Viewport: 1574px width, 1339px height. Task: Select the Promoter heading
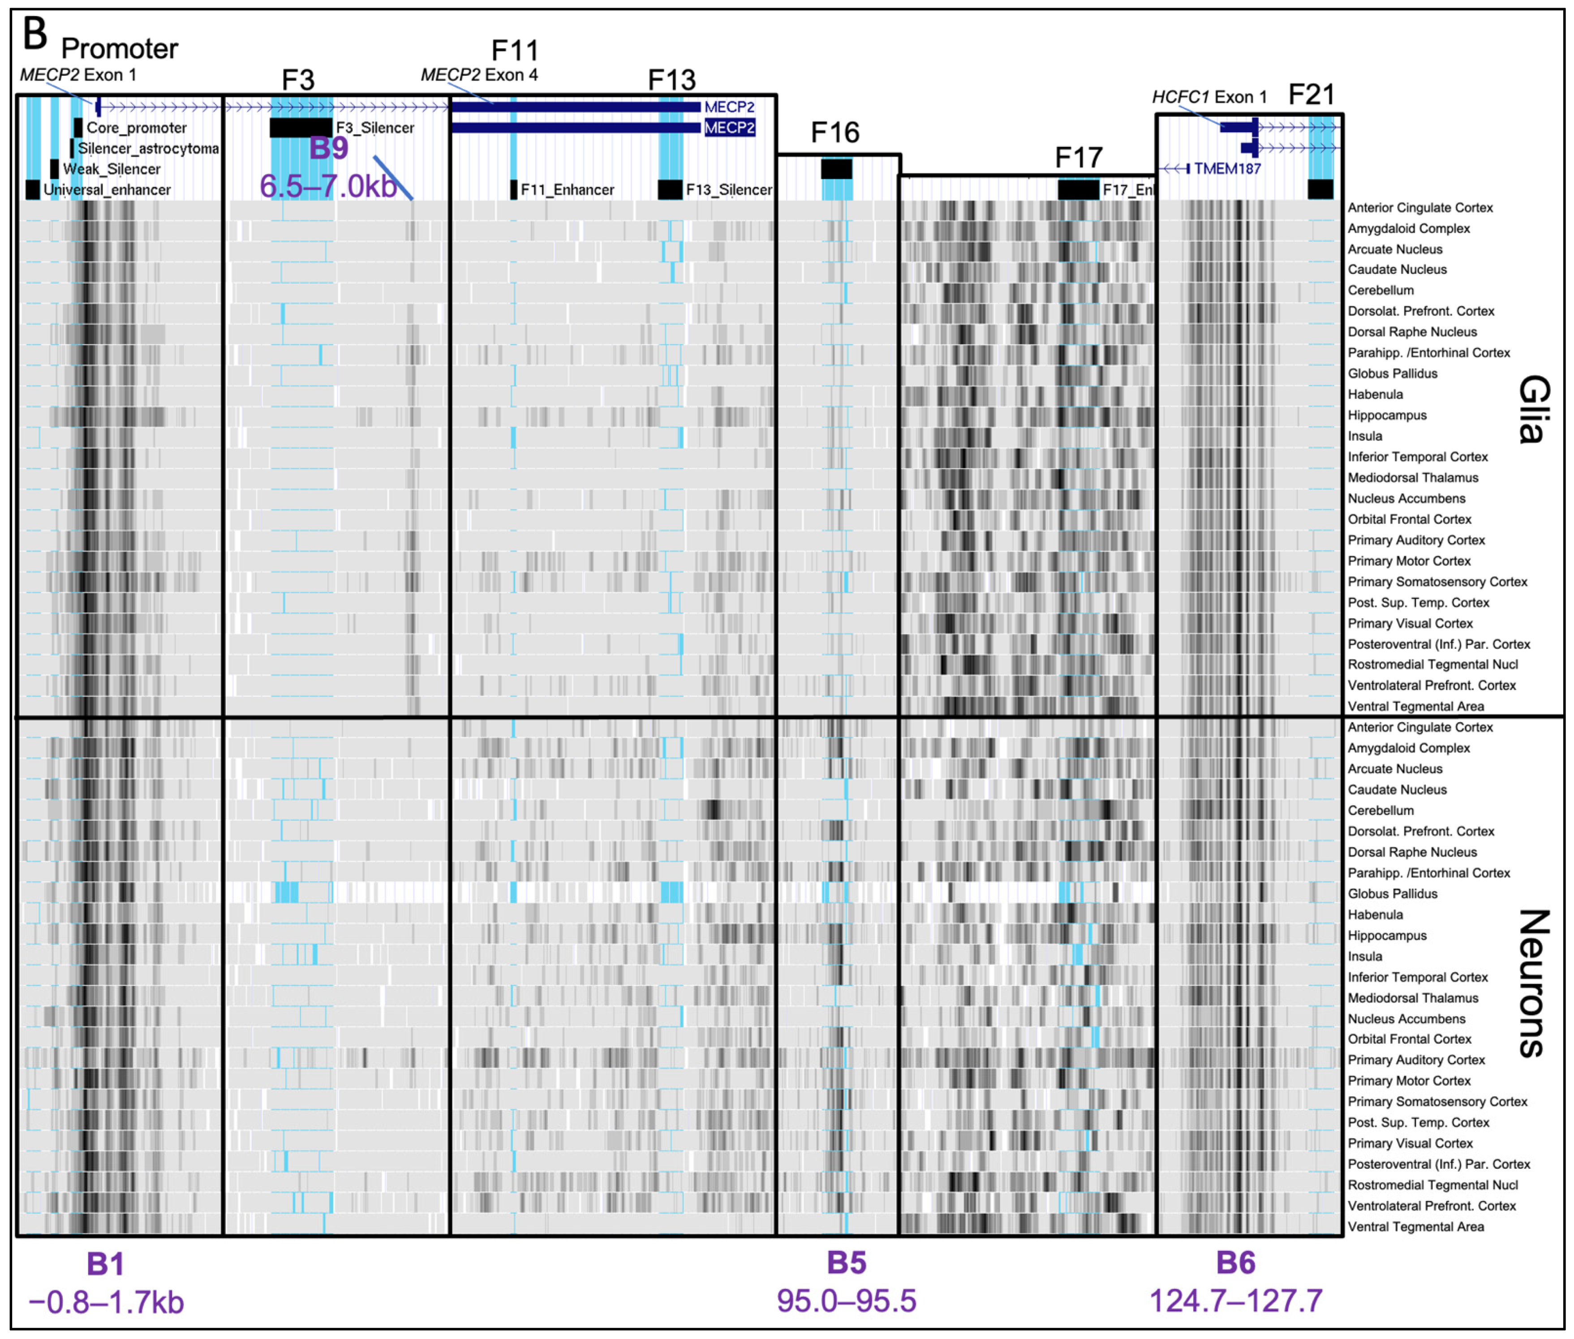[119, 48]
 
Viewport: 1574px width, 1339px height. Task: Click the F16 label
[835, 133]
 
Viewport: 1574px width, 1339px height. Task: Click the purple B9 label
[329, 148]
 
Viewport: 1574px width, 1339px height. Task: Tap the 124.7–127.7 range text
[1235, 1301]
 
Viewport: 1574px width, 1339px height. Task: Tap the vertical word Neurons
[1533, 983]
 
